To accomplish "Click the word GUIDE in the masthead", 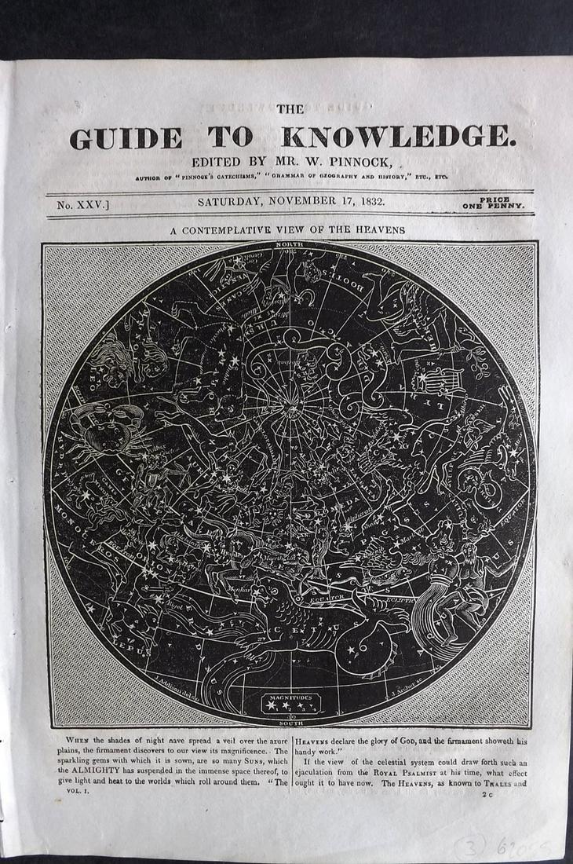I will click(x=126, y=138).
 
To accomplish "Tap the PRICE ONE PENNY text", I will click(x=498, y=203).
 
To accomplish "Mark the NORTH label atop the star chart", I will click(x=289, y=246).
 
